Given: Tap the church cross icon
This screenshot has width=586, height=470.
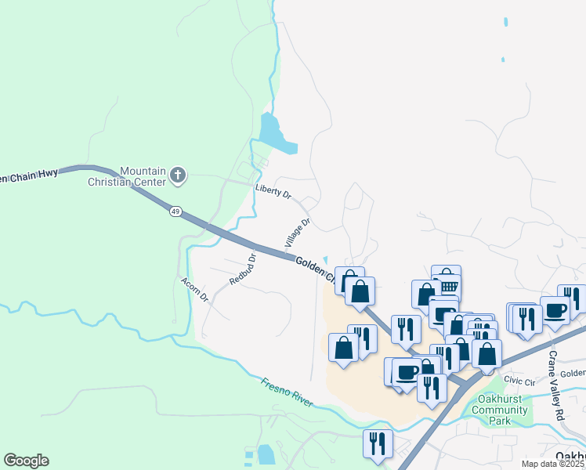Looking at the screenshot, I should click(178, 175).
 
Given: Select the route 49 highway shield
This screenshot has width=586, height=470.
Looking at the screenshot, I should click(175, 211).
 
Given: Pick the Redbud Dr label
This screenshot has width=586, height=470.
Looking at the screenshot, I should click(244, 269).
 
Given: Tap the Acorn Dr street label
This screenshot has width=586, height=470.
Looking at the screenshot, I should click(194, 290).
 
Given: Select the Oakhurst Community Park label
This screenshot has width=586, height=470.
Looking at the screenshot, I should click(502, 410).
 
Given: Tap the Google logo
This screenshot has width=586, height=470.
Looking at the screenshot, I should click(26, 461).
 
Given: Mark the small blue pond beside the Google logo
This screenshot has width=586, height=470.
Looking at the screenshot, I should click(266, 454).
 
